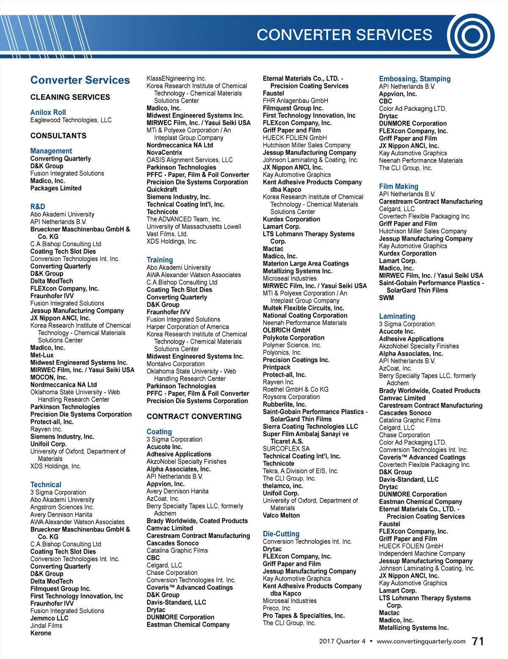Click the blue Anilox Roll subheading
coord(48,113)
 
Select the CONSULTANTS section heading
coord(58,136)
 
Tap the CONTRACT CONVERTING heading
coord(194,417)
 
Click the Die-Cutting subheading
coord(281,534)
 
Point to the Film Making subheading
coord(398,187)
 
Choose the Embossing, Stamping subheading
coord(414,79)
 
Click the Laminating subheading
coord(397,316)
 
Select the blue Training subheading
coord(160,260)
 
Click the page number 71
coord(478,641)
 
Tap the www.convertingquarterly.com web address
coord(421,641)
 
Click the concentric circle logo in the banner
coord(471,36)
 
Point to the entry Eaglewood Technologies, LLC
coord(71,120)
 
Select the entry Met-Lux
coord(42,355)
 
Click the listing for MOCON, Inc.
coord(49,377)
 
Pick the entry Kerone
coord(41,633)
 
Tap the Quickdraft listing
coord(162,189)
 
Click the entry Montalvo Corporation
coord(175,364)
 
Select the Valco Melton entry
coord(281,516)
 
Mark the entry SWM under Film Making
coord(386,298)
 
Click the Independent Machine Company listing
coord(422,554)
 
